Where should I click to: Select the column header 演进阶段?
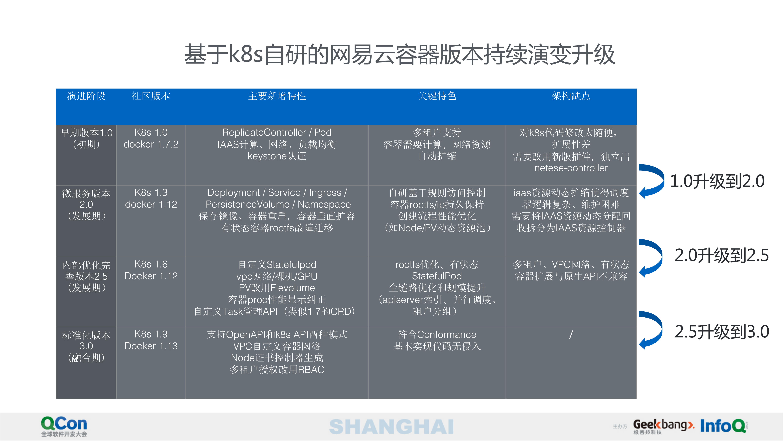click(86, 96)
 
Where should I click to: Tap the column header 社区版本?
click(151, 96)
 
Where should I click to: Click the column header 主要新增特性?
click(277, 96)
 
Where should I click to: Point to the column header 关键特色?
click(437, 96)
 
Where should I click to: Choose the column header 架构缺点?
click(571, 96)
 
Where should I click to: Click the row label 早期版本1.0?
click(86, 133)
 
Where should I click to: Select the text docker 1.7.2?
click(151, 144)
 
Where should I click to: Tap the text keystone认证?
click(277, 156)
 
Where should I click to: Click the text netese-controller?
click(571, 168)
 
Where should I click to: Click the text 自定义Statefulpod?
click(277, 265)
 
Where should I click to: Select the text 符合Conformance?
click(437, 335)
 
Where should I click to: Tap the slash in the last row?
click(571, 335)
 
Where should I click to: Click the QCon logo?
click(64, 426)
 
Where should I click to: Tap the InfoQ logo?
click(723, 426)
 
